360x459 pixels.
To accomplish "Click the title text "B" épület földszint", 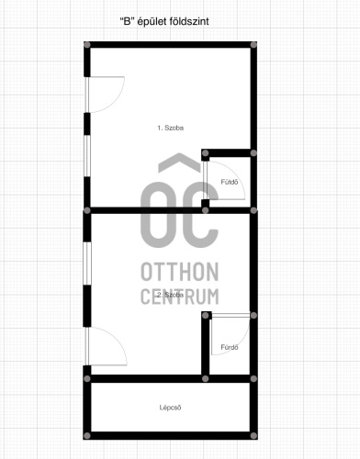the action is click(164, 22).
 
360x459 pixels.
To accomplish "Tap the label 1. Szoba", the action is click(171, 128).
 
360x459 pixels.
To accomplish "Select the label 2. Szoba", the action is click(171, 295).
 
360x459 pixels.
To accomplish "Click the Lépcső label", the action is click(170, 408).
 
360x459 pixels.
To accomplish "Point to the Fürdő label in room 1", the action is click(230, 182).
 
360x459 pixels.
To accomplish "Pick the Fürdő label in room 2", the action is click(230, 347).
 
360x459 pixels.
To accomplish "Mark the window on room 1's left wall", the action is click(87, 156).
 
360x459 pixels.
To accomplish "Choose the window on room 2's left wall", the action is click(87, 263).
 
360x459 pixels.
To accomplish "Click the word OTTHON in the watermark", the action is click(180, 272).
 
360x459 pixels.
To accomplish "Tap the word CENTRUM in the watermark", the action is click(180, 297).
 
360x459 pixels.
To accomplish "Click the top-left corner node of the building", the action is click(87, 45).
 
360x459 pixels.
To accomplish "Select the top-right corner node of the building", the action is click(253, 45).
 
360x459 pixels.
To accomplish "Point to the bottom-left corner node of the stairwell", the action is click(87, 436).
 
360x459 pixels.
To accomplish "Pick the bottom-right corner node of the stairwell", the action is click(253, 436).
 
